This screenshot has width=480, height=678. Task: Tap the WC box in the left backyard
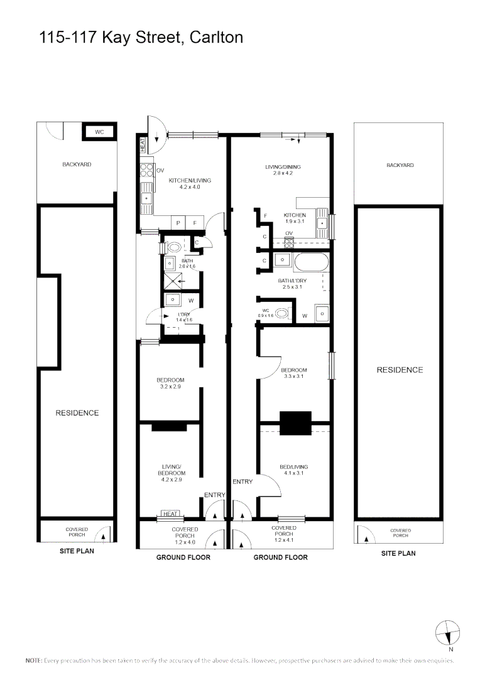(x=99, y=132)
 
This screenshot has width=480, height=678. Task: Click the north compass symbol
(x=447, y=633)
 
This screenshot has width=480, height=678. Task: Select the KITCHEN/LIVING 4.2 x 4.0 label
(x=190, y=183)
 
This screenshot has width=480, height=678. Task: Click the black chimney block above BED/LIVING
(x=295, y=423)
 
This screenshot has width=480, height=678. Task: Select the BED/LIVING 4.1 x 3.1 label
(x=293, y=470)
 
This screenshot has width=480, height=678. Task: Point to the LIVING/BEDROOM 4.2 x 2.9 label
(x=172, y=473)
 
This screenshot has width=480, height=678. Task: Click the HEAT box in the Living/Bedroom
(x=170, y=514)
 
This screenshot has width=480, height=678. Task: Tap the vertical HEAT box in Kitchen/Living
(x=143, y=145)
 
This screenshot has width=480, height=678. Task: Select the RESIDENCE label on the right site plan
(x=400, y=370)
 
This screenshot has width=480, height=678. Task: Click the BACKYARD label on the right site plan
(x=400, y=165)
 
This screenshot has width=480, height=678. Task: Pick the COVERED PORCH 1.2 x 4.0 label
(x=185, y=535)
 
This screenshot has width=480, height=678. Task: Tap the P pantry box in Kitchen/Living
(x=178, y=223)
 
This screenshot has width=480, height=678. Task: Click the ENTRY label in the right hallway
(x=243, y=482)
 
